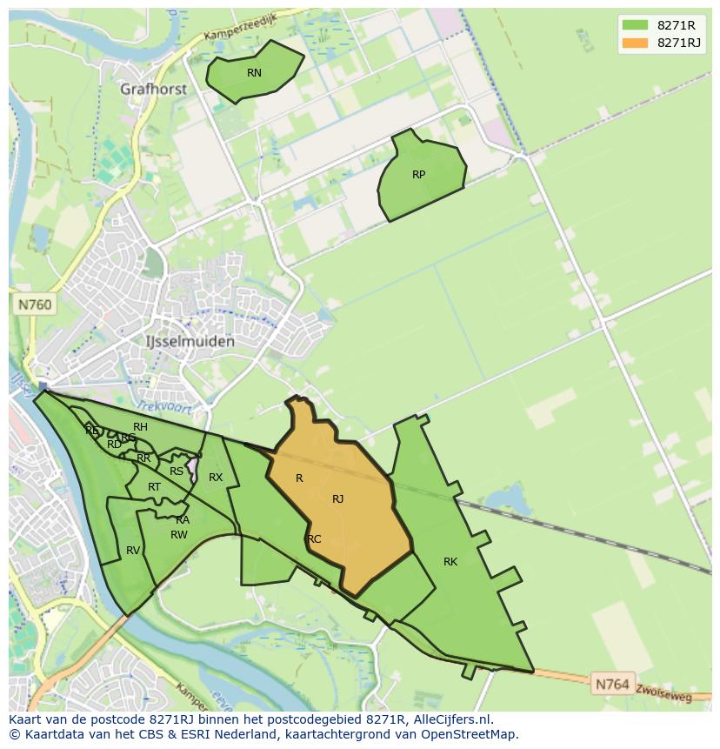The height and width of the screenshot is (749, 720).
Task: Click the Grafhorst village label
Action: (155, 89)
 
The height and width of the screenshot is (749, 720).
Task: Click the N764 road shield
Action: (611, 685)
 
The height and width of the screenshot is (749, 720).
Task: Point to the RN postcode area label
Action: (254, 73)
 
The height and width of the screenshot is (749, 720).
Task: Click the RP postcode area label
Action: (418, 175)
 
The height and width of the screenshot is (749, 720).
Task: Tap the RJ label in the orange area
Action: (337, 499)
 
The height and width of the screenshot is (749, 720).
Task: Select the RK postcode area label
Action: (450, 562)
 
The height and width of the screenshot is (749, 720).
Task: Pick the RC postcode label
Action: (314, 539)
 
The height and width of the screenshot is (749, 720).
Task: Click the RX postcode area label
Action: (216, 478)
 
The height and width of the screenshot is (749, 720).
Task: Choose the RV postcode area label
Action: (132, 551)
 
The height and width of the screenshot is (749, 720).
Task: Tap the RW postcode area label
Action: (178, 535)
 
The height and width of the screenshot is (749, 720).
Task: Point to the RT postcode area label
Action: (154, 487)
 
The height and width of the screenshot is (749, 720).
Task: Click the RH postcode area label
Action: (140, 427)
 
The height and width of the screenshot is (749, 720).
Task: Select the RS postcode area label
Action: (177, 471)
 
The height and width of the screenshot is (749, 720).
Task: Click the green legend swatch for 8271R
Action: (635, 25)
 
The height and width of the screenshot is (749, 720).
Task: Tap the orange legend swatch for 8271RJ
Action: (635, 43)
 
